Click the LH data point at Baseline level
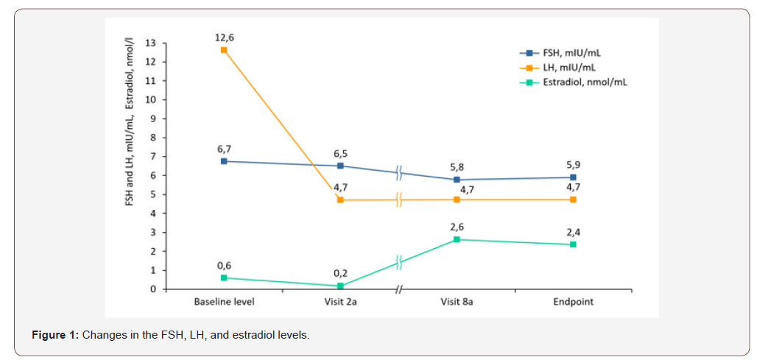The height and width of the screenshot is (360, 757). [224, 50]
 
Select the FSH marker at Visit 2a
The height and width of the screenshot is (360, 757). [340, 166]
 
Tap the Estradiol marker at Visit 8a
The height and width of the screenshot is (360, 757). [457, 239]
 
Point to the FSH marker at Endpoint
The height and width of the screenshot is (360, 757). [573, 177]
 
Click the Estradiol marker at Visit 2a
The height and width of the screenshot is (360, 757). [340, 286]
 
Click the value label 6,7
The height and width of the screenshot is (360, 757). [224, 147]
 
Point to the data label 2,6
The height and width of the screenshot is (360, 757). [457, 225]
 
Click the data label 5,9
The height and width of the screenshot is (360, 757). [574, 164]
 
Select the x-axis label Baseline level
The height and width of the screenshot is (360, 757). [224, 302]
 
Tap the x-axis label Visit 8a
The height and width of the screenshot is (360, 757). [457, 302]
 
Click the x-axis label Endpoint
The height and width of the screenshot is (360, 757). [574, 302]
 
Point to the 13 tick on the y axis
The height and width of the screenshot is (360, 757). [151, 43]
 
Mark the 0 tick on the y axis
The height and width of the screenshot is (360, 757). [153, 289]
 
